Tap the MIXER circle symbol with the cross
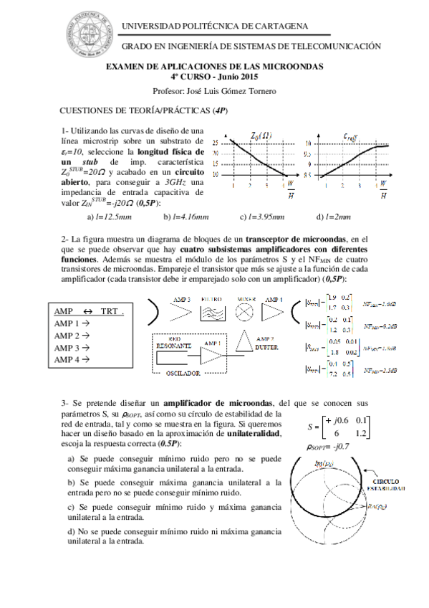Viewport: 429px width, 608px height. pos(246,311)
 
